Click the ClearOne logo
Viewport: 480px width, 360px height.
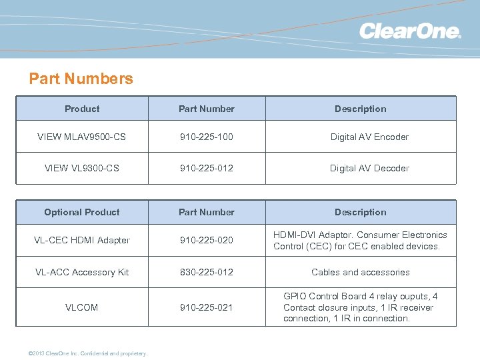coord(410,31)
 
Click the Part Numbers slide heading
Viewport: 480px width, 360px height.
coord(81,79)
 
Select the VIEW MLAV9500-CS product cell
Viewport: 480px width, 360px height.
coord(82,137)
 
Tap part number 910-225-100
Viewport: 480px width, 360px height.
coord(206,137)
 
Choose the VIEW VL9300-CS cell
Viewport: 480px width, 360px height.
coord(82,168)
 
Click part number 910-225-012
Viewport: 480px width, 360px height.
coord(206,168)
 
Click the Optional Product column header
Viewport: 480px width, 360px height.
coord(82,212)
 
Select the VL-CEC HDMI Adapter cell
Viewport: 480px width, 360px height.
coord(82,240)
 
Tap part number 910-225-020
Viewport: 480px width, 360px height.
coord(206,240)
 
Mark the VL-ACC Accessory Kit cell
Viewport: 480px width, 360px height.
coord(82,272)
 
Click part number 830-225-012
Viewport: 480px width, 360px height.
coord(206,272)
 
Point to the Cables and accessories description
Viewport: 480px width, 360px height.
coord(361,272)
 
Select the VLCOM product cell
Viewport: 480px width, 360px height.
coord(82,307)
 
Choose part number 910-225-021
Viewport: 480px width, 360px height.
coord(206,307)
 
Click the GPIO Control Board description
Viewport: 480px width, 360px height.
coord(360,307)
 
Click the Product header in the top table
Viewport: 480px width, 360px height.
coord(82,109)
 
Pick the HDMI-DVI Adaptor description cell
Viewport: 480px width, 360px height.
coord(360,240)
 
